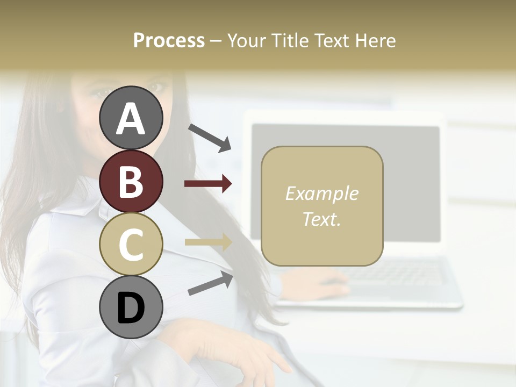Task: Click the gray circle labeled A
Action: [131, 118]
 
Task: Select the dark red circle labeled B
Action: [131, 181]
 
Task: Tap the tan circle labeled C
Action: [131, 244]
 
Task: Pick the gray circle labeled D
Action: [131, 307]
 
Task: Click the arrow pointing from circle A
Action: [210, 137]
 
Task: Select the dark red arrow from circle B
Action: [208, 184]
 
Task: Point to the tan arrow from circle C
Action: [208, 242]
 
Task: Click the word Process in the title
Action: [169, 41]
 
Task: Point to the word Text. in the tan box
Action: [321, 219]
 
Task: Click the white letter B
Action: [131, 182]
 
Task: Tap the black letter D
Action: [131, 308]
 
